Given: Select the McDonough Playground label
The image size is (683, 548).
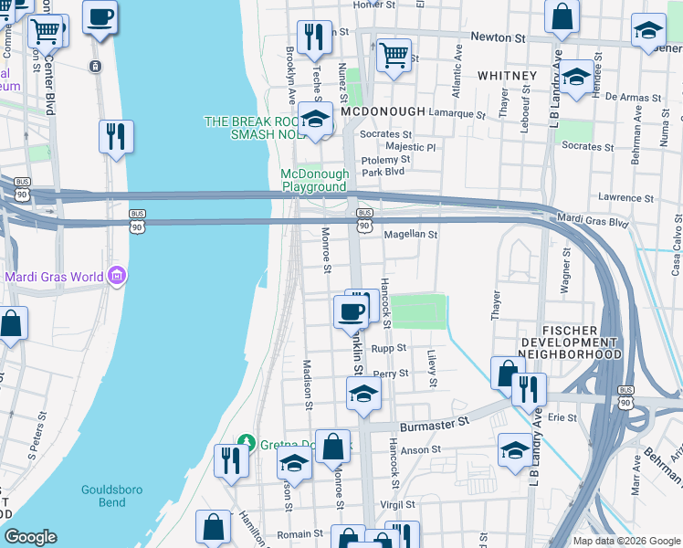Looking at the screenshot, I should [x=314, y=180].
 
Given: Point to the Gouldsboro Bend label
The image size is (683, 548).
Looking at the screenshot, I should [x=111, y=496].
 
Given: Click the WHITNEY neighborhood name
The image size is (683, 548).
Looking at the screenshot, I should [x=506, y=75].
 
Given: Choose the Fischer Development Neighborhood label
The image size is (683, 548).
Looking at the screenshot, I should [x=571, y=342].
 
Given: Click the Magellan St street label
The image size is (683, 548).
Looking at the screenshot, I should [x=411, y=235].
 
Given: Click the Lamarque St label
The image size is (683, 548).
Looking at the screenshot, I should [x=458, y=114].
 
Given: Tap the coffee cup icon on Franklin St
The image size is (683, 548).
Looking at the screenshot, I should [x=352, y=312].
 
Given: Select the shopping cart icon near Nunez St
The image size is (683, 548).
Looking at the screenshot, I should [x=394, y=55].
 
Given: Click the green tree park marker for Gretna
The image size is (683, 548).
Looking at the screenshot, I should [x=244, y=443].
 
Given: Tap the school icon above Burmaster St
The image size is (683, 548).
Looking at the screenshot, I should [x=363, y=395].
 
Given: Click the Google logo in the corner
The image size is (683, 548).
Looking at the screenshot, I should [x=30, y=537].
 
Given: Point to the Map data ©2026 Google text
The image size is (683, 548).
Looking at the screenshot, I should [x=626, y=541].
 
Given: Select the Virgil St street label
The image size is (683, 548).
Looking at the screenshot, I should [x=397, y=504].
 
